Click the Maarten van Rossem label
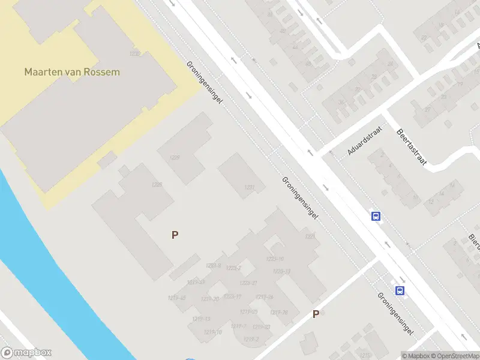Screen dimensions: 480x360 point(72,72)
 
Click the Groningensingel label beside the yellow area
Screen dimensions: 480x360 point(204,82)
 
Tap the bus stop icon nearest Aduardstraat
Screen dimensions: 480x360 point(376,217)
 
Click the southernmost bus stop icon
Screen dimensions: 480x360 point(400,291)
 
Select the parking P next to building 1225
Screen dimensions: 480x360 point(175,235)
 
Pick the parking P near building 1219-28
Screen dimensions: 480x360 point(316,314)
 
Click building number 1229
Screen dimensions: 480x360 point(175,158)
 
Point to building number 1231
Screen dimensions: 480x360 point(250,188)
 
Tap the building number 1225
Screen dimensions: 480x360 point(157,184)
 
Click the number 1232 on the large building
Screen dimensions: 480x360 point(134,54)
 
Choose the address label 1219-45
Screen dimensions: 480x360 point(178,298)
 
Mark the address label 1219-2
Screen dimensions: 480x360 point(252,340)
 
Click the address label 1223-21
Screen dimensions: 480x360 point(248,283)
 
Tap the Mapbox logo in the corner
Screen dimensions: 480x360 point(26,353)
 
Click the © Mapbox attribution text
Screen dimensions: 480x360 point(415,356)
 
